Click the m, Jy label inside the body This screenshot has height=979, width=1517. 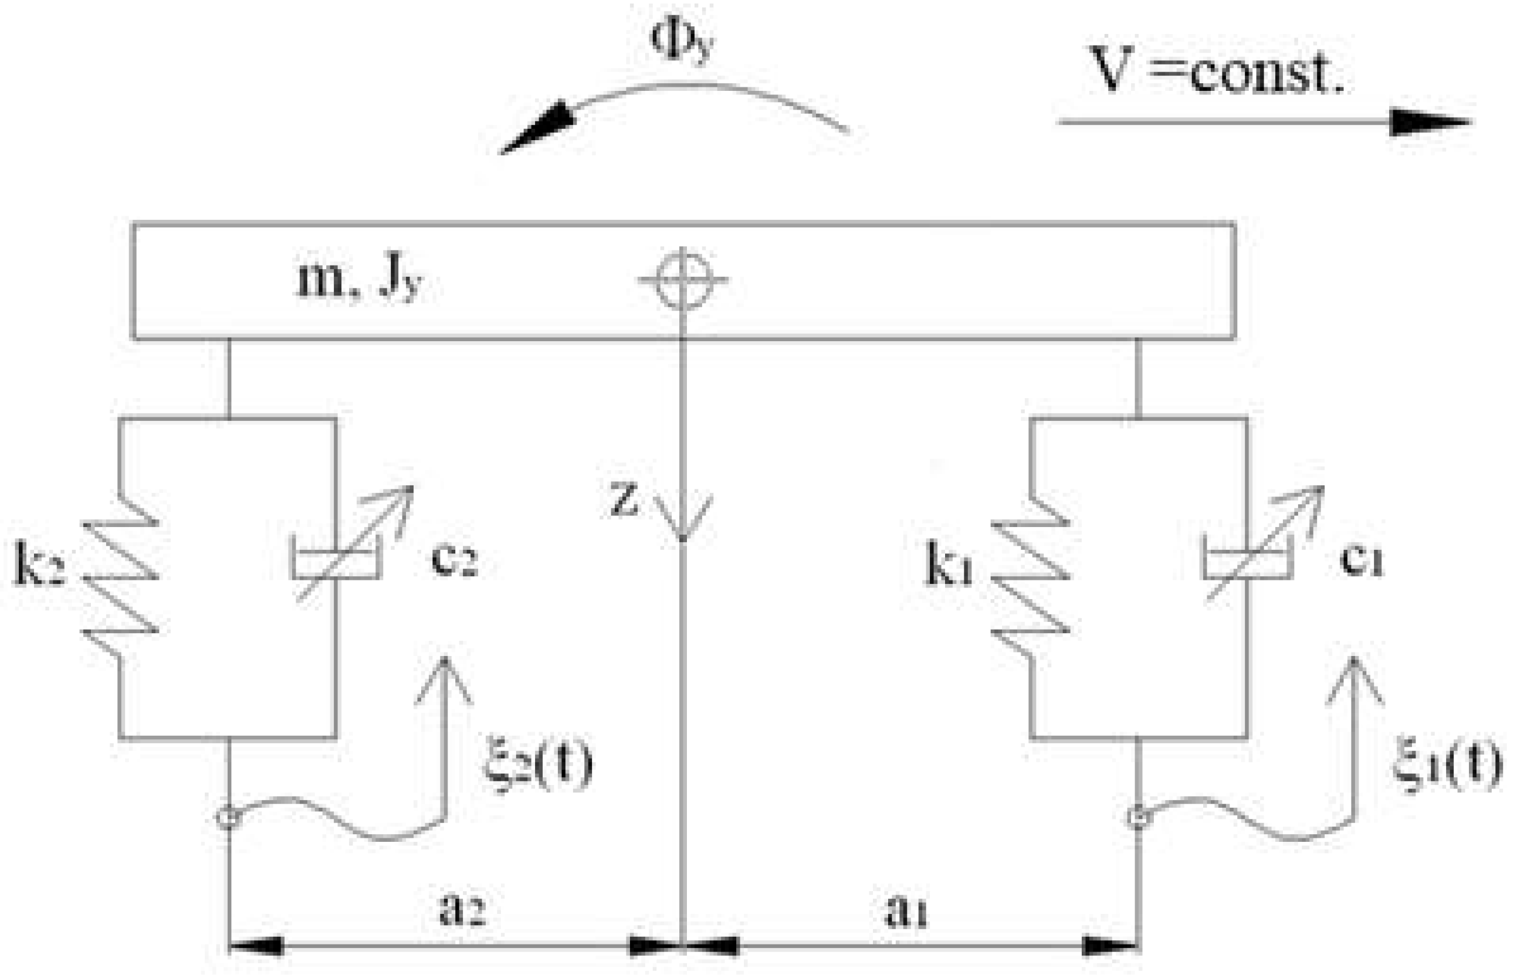point(359,280)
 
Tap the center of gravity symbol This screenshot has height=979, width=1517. point(682,280)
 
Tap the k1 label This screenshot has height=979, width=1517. point(949,565)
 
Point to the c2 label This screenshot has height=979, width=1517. point(453,559)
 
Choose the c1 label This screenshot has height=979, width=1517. point(1361,559)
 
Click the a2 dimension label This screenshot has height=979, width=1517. point(462,910)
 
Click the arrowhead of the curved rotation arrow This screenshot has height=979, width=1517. point(537,127)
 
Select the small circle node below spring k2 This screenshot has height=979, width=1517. point(228,817)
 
